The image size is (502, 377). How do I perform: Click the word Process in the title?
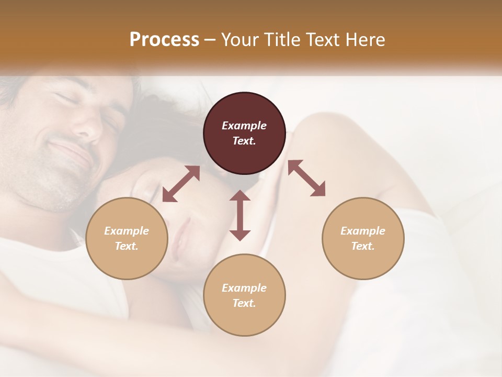[164, 40]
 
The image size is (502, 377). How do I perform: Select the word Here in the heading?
[365, 40]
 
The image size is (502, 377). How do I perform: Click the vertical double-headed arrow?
[240, 215]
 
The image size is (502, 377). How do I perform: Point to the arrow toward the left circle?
[181, 184]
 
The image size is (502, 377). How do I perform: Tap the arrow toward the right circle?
[306, 178]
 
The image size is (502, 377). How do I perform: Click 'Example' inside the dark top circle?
[244, 126]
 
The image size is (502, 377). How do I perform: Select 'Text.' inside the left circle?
[127, 246]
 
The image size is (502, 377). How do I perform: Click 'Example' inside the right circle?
[363, 231]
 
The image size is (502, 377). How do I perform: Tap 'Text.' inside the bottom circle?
[244, 303]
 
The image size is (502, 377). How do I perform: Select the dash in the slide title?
[210, 40]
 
